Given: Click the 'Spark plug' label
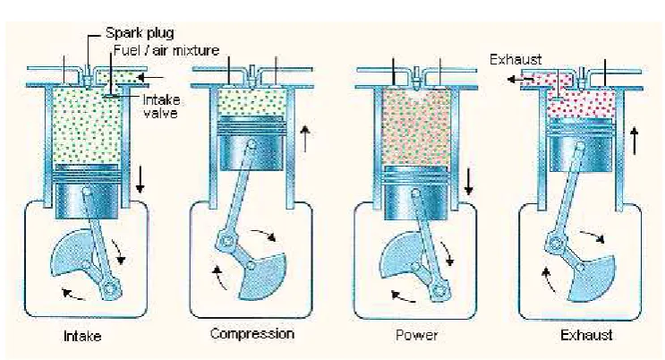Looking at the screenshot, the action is click(140, 33).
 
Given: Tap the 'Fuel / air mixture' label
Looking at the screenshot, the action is click(166, 50).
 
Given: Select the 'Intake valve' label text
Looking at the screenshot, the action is click(161, 107).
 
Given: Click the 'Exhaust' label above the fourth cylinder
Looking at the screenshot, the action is click(516, 59).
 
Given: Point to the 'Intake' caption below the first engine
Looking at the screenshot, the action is click(82, 336).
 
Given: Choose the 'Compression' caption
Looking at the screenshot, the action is click(252, 334).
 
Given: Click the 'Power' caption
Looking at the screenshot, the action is click(416, 336).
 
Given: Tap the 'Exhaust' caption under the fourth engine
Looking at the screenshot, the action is click(586, 336).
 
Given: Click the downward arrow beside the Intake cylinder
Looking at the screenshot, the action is click(140, 180).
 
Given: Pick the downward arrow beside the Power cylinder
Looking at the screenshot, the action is click(468, 182).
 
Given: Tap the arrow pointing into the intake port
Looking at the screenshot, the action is click(151, 77).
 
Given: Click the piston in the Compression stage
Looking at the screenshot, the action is click(252, 143).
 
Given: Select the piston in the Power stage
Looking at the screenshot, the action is click(416, 193).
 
